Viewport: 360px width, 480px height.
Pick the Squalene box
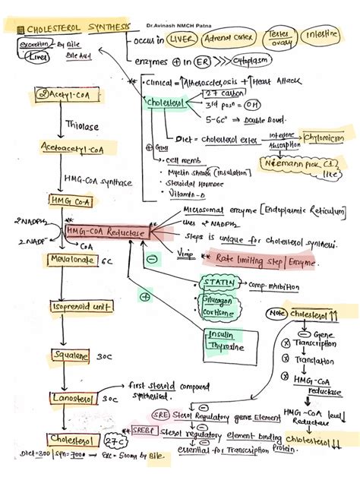pos(71,355)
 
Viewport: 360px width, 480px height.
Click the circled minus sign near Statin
pos(152,259)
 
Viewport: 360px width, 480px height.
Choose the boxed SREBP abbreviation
pos(143,430)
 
